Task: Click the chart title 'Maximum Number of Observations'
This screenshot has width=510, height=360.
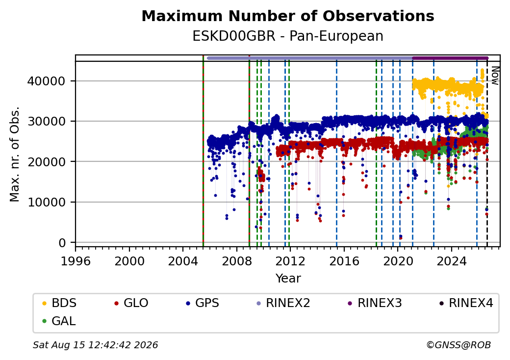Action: (288, 16)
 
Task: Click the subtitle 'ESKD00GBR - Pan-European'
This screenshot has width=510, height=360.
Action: (288, 36)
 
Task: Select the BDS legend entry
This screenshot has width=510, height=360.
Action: (59, 303)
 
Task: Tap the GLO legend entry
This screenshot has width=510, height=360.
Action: (131, 303)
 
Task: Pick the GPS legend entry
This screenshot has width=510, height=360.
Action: (203, 303)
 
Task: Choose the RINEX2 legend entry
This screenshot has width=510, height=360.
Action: (283, 303)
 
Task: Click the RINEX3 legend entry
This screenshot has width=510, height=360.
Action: (375, 303)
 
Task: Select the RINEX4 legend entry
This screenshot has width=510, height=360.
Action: (466, 303)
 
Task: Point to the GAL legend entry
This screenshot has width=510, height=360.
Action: (59, 321)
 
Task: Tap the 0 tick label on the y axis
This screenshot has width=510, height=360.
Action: (62, 243)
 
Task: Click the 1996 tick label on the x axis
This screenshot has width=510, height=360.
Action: (76, 261)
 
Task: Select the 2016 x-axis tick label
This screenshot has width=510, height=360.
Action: (344, 261)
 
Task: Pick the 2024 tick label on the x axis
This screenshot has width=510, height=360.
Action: (452, 261)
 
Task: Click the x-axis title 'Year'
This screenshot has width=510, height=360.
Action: (288, 279)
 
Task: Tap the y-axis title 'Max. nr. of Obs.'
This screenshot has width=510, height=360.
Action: (15, 154)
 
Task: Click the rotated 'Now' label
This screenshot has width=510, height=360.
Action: (495, 76)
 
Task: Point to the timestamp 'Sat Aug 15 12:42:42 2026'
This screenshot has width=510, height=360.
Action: (95, 345)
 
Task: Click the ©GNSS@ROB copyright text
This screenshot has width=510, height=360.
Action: (459, 345)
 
